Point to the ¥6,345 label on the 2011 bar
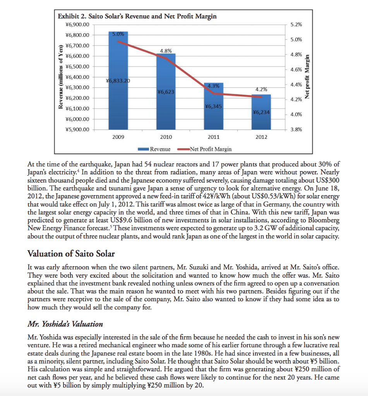click(213, 106)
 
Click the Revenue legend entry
click(155, 149)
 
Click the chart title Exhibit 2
click(137, 16)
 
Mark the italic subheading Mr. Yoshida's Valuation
click(65, 324)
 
